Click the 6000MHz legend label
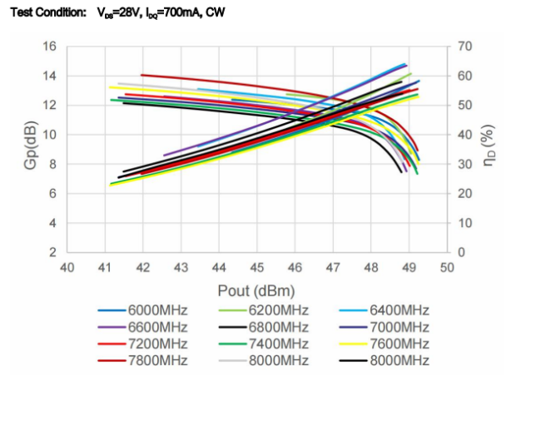click(x=157, y=310)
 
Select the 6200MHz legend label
click(x=279, y=310)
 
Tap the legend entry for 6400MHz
click(x=400, y=310)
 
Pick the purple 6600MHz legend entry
click(x=157, y=327)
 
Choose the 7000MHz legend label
click(x=400, y=327)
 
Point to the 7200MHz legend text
click(x=157, y=344)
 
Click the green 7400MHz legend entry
click(x=279, y=344)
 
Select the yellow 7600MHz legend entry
click(x=400, y=344)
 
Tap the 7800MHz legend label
click(x=157, y=360)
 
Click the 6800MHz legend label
click(x=279, y=327)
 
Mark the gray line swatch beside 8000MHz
click(x=232, y=361)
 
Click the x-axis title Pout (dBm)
click(x=256, y=291)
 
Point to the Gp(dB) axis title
click(x=30, y=146)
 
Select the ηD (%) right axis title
click(x=489, y=146)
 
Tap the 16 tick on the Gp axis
click(x=49, y=47)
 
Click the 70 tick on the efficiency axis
click(x=464, y=47)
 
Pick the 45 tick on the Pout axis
click(x=256, y=268)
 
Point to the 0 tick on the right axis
click(x=462, y=252)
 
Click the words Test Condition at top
click(x=48, y=12)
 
